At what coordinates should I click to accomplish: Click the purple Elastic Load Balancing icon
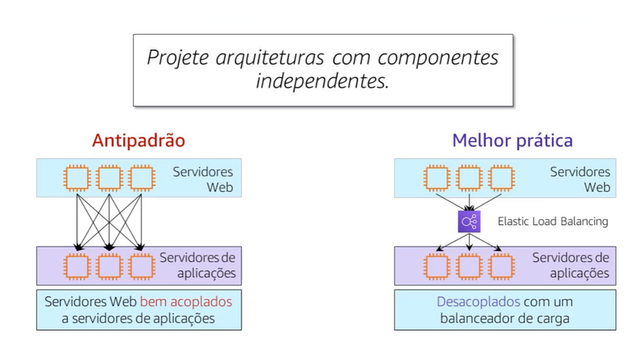tap(469, 221)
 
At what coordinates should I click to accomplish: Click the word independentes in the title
tap(322, 81)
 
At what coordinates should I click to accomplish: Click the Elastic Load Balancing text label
tap(552, 221)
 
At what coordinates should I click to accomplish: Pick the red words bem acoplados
tap(187, 301)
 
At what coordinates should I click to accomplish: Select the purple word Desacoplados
tap(478, 301)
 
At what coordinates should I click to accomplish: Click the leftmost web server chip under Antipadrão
tap(77, 178)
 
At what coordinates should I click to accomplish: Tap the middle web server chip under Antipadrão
tap(109, 178)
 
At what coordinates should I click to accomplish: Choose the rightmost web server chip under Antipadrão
tap(141, 178)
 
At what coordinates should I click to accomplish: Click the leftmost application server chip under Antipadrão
tap(77, 265)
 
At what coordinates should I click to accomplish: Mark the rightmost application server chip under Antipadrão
tap(141, 265)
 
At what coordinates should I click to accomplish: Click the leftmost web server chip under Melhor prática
tap(437, 178)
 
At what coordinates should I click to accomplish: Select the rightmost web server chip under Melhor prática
tap(501, 178)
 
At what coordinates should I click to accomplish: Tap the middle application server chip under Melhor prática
tap(469, 265)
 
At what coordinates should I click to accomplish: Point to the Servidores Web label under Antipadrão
tap(203, 179)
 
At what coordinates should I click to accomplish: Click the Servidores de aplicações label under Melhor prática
tap(570, 265)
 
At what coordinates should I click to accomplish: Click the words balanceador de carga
tap(504, 318)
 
